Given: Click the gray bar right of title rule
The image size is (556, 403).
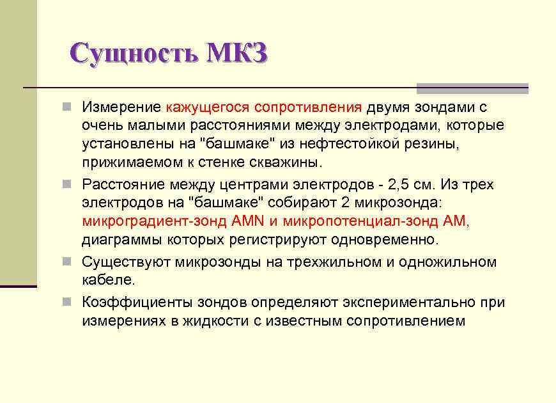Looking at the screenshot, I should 472,88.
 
